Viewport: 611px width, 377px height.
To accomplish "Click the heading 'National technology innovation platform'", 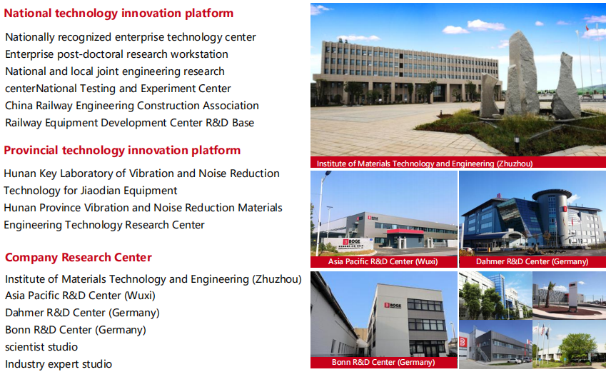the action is (118, 14).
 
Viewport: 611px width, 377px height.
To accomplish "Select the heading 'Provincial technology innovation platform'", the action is (122, 151).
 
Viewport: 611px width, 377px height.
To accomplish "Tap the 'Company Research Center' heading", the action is (79, 257).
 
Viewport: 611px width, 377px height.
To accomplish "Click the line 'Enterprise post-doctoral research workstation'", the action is (116, 54).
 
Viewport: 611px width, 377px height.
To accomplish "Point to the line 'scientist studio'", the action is (41, 347).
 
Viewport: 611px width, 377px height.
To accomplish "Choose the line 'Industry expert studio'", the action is (59, 364).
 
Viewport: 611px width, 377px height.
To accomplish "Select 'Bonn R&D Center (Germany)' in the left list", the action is (76, 330).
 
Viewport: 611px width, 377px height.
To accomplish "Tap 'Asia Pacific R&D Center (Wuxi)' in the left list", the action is (80, 296).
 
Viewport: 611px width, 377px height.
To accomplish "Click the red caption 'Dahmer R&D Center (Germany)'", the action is (532, 261).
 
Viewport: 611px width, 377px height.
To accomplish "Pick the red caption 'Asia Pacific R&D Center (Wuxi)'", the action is (383, 261).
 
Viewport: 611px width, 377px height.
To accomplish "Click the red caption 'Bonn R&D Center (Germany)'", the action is (383, 362).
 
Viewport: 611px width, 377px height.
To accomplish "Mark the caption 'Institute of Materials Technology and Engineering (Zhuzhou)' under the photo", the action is (425, 164).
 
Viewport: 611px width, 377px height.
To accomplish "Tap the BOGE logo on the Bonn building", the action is (393, 306).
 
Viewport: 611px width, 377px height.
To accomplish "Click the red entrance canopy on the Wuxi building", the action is (405, 231).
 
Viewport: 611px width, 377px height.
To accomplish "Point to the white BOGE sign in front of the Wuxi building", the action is (348, 244).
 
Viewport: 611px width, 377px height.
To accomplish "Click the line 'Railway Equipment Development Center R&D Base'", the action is (129, 123).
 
